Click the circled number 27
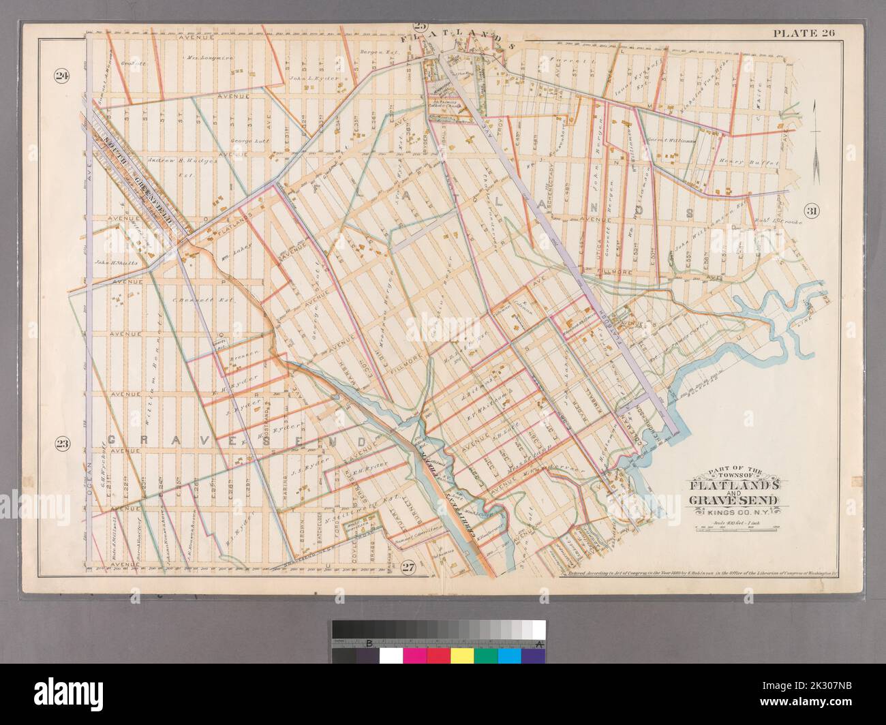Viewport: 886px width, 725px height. [408, 567]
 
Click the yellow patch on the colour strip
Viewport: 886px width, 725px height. [461, 655]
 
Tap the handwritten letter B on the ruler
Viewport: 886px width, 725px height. [369, 643]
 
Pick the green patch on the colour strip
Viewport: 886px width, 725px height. [485, 655]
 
